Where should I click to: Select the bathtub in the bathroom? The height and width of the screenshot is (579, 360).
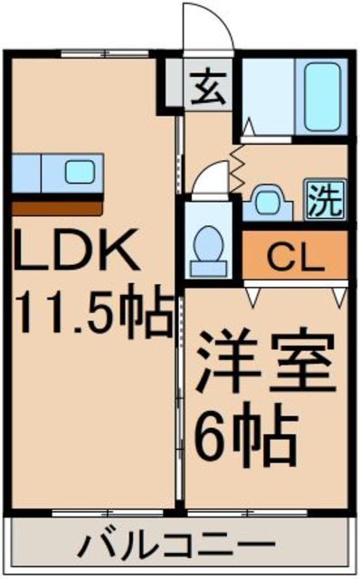tap(320, 97)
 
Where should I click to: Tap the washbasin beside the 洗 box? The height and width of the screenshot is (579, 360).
tap(270, 200)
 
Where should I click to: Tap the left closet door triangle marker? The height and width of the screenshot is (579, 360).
tap(252, 294)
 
